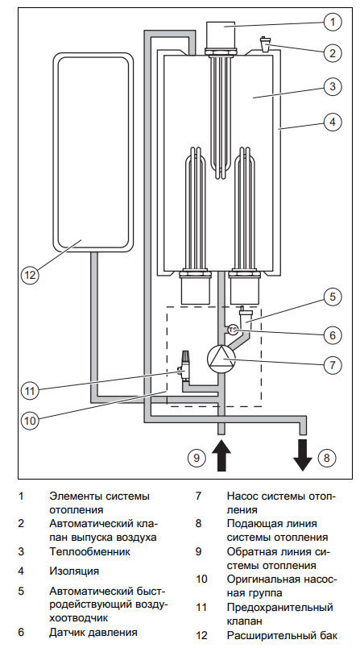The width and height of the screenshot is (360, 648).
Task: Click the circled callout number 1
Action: pyautogui.click(x=333, y=22)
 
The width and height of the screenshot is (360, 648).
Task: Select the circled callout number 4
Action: pyautogui.click(x=333, y=123)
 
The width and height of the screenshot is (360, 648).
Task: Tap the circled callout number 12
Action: pyautogui.click(x=30, y=274)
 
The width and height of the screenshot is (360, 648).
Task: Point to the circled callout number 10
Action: pyautogui.click(x=30, y=420)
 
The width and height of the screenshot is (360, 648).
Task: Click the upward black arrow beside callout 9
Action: pyautogui.click(x=221, y=455)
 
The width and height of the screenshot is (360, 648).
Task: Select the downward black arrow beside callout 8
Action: pyautogui.click(x=303, y=455)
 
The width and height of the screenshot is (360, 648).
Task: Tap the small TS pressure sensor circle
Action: pyautogui.click(x=233, y=330)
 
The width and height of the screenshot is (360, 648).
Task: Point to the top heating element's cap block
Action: pyautogui.click(x=221, y=35)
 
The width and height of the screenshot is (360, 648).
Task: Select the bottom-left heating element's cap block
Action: pyautogui.click(x=196, y=290)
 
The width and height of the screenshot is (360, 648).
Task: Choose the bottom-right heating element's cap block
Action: pyautogui.click(x=245, y=290)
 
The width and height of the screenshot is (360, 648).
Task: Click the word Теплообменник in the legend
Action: pyautogui.click(x=89, y=551)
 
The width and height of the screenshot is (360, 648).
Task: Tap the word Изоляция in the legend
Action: pyautogui.click(x=74, y=571)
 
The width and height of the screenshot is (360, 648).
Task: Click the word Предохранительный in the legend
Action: pyautogui.click(x=280, y=608)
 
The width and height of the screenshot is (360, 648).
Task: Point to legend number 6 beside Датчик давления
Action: pyautogui.click(x=21, y=633)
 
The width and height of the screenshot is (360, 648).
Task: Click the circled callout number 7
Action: pyautogui.click(x=333, y=364)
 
